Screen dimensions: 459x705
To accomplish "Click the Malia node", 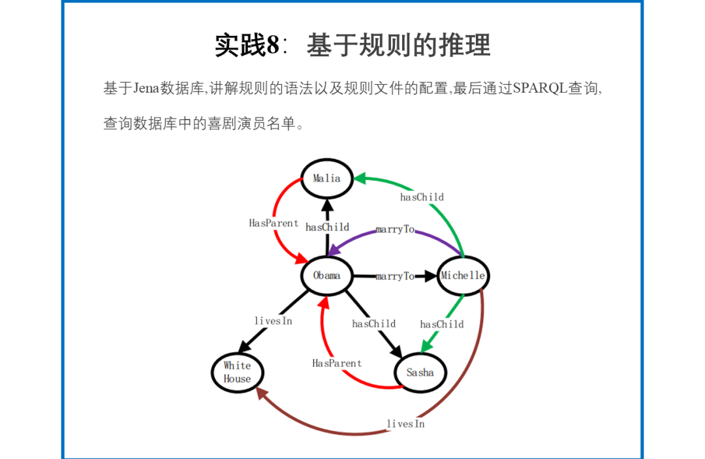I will click(x=326, y=178).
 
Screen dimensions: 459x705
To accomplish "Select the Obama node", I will click(x=326, y=276).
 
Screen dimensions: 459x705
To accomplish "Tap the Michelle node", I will click(x=463, y=276).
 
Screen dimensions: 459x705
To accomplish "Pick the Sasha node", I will click(x=420, y=373).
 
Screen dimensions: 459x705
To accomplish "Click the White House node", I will click(x=237, y=373).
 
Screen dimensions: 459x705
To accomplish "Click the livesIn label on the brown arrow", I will click(x=405, y=424).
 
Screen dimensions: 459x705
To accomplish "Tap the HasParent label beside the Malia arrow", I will click(x=274, y=223).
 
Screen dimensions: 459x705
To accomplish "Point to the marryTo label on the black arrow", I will click(x=395, y=276).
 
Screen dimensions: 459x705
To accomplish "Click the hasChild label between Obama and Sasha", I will click(x=374, y=323).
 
